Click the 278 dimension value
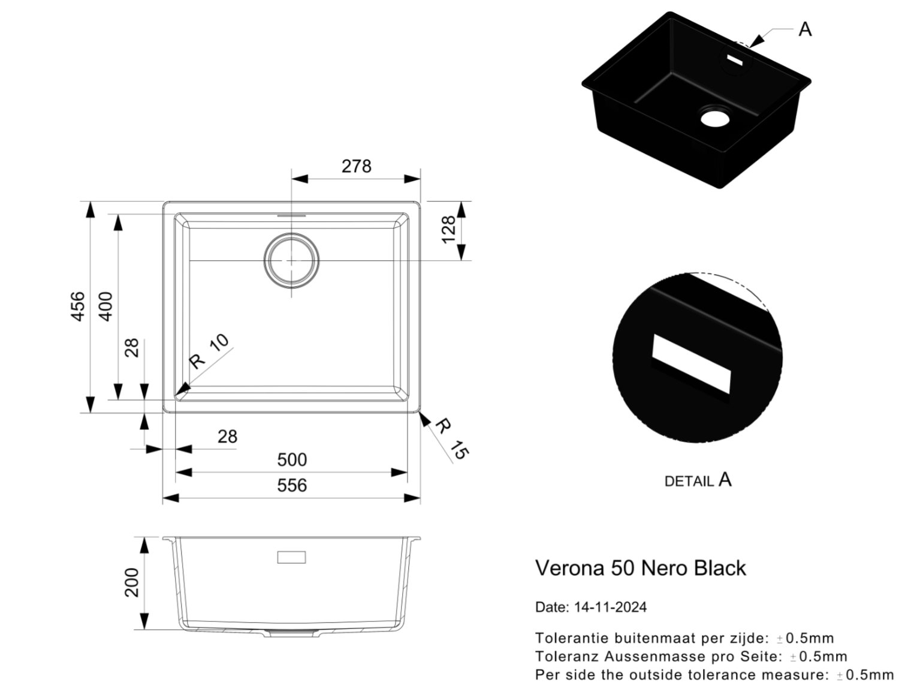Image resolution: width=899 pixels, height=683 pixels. coord(356,166)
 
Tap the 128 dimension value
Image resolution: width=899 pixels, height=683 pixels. coord(448,230)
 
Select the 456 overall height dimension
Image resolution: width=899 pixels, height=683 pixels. coord(78,306)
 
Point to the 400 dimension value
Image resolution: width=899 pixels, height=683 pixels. coord(105,306)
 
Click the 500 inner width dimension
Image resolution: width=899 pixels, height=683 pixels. coord(292,460)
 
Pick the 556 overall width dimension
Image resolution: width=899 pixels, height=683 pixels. coord(292,486)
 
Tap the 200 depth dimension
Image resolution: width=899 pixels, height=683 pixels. coord(132,582)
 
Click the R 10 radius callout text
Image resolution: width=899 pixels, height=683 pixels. coord(209,351)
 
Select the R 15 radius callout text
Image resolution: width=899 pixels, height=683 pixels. coord(452,438)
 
